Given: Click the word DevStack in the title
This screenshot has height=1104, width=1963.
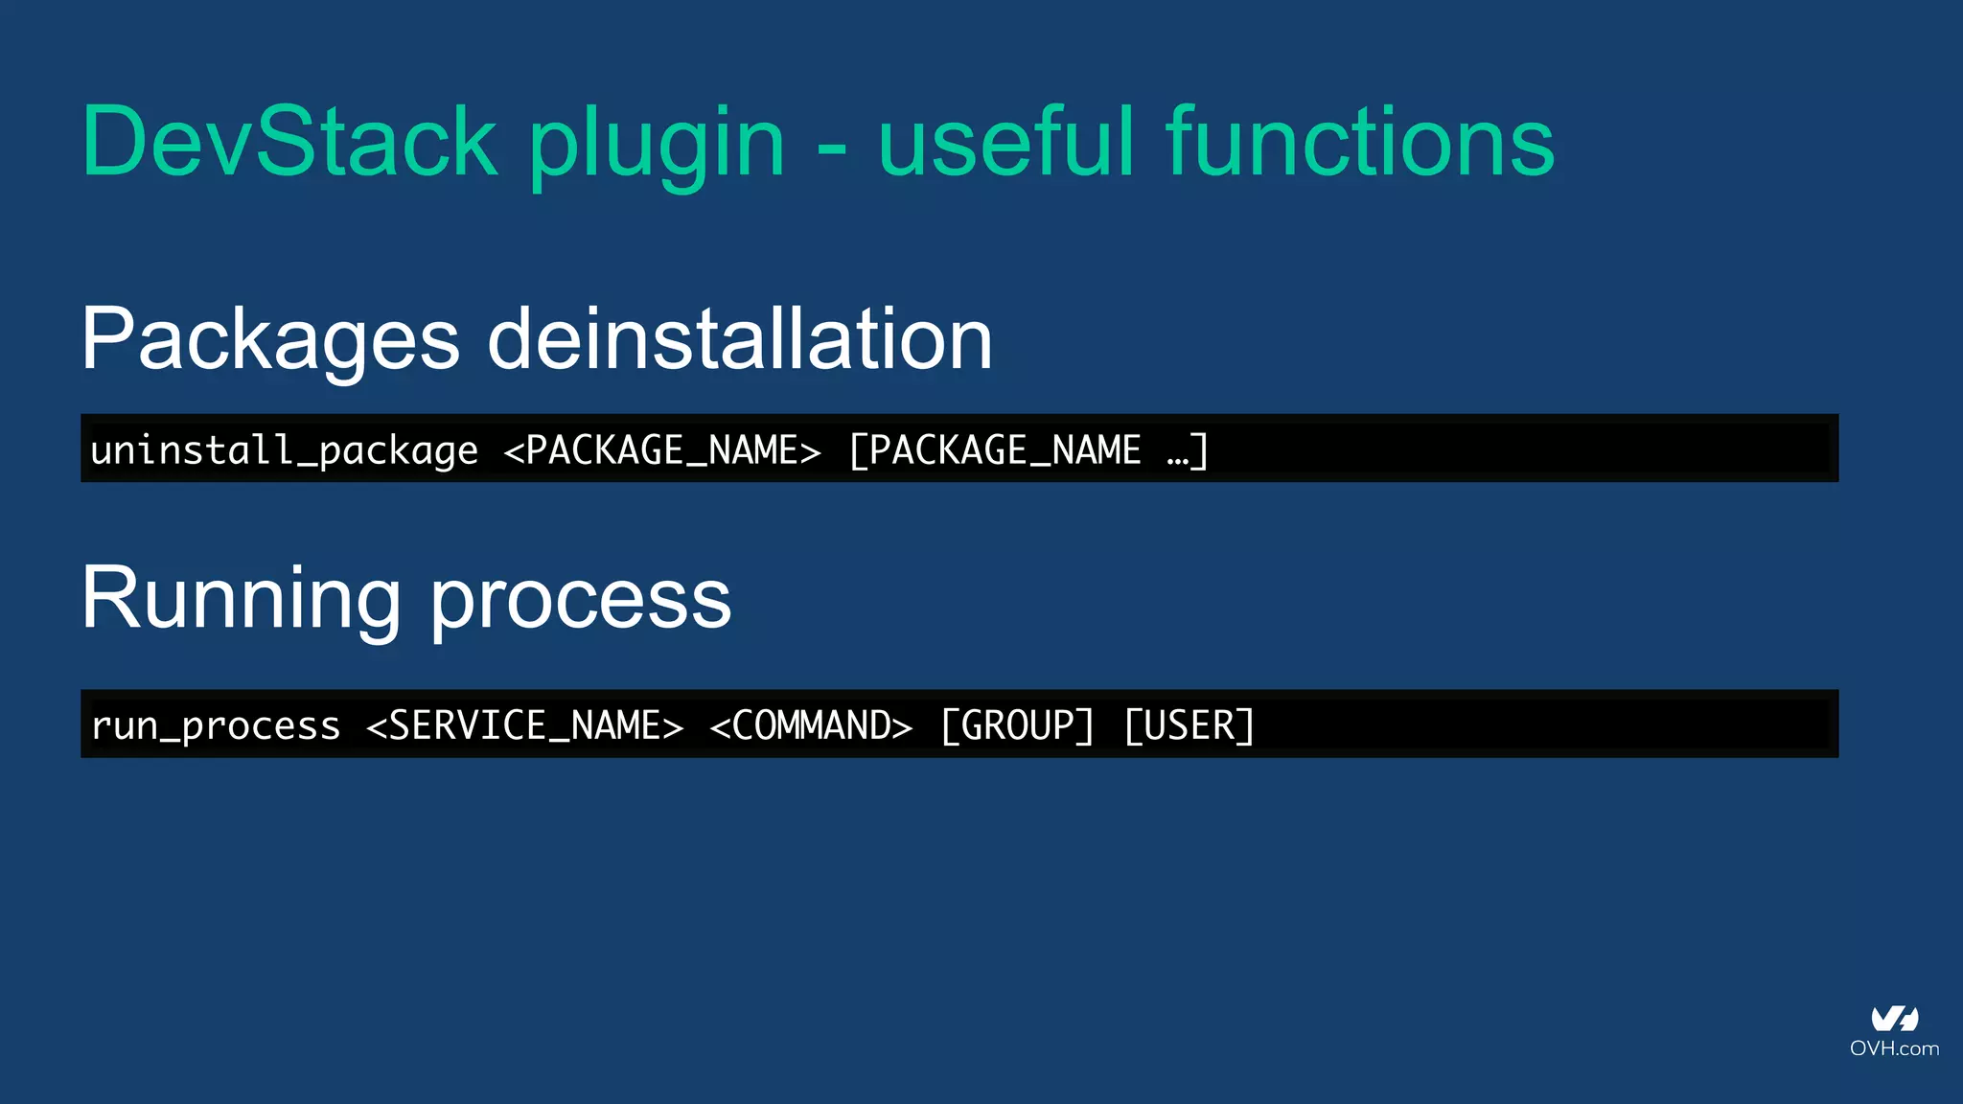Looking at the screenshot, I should [x=289, y=142].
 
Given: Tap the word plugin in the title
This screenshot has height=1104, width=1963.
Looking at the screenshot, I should [x=658, y=144].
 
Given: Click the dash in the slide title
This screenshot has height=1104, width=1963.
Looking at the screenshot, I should [x=833, y=149].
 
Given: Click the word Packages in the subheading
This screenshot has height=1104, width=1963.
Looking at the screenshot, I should [x=271, y=340].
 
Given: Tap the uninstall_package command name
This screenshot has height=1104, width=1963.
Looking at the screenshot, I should [x=284, y=449].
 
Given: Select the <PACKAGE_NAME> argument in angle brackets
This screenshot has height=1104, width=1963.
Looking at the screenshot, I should [x=662, y=449].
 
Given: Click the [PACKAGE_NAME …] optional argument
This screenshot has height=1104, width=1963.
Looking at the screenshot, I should [x=1028, y=449].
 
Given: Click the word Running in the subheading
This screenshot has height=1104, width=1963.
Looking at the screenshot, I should [x=241, y=599].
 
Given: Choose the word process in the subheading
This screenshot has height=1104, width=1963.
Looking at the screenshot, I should [x=581, y=602].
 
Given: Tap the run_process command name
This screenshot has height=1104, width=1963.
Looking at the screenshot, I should [x=216, y=725].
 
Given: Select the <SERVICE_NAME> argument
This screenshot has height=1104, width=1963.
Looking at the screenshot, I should [x=525, y=725].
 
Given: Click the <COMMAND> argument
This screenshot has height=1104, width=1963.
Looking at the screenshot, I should [x=811, y=725].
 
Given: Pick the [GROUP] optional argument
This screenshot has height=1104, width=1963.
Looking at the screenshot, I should [x=1017, y=725].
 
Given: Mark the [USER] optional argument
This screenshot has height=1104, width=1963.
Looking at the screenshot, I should [x=1189, y=725].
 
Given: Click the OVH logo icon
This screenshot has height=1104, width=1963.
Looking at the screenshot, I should [x=1895, y=1019].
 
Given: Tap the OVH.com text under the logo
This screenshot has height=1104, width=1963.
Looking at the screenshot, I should [x=1894, y=1048].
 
